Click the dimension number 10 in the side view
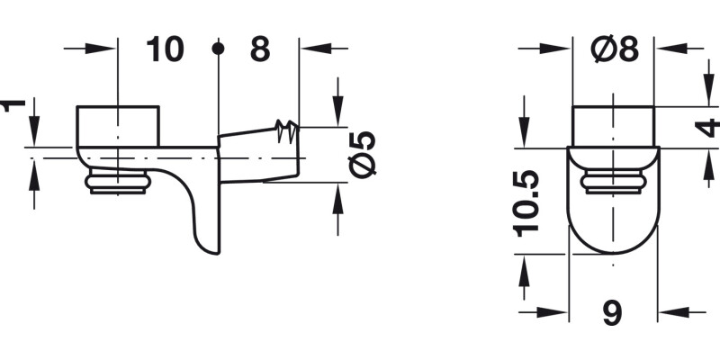[x=165, y=49]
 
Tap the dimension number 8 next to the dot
[x=259, y=49]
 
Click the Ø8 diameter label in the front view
[x=615, y=50]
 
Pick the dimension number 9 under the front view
[x=612, y=312]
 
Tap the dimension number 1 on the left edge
[x=12, y=105]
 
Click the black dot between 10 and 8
[x=217, y=49]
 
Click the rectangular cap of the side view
[x=118, y=125]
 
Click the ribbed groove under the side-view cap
[x=116, y=184]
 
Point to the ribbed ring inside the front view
[x=613, y=184]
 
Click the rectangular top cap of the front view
[x=614, y=125]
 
